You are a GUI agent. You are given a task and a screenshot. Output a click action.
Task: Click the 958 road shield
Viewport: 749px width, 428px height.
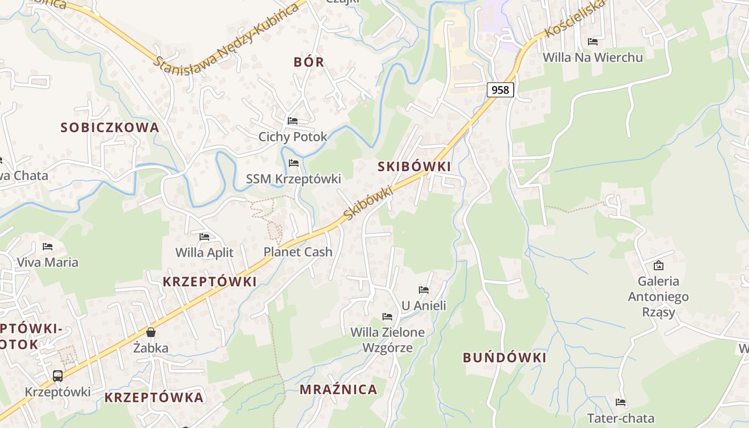coord(500,89)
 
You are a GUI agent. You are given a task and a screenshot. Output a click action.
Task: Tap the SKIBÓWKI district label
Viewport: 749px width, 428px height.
coord(414,166)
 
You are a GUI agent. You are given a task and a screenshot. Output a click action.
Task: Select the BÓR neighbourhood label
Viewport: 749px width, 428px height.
coord(309,62)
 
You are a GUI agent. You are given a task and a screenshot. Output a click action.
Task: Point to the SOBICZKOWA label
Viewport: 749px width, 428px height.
coord(110,127)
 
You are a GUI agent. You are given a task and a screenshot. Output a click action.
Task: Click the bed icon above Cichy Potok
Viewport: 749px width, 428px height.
coord(293,120)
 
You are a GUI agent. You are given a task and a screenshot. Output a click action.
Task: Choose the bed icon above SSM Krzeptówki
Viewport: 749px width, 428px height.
coord(293,163)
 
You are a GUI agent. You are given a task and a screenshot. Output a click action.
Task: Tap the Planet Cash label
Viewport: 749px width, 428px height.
coord(298,251)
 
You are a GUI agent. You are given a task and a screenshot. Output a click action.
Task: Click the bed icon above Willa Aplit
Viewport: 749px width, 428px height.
coord(204,236)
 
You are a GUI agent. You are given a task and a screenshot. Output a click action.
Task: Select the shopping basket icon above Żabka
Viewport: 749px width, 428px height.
coord(151,332)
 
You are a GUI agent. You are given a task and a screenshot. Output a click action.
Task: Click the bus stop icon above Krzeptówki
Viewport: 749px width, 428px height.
coord(58,376)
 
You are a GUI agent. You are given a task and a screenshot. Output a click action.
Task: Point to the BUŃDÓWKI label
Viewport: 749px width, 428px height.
coord(505,357)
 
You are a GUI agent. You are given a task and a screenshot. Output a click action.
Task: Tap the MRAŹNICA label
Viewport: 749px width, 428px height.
coord(338,389)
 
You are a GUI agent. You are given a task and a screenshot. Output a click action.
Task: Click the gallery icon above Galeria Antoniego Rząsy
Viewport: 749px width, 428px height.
coord(659,265)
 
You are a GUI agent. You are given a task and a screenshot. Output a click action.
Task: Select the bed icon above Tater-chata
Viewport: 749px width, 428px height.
coord(621,402)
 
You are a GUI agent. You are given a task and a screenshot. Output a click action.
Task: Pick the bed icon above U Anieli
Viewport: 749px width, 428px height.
coord(424,290)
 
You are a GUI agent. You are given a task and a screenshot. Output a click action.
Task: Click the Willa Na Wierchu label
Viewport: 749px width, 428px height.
coord(593,57)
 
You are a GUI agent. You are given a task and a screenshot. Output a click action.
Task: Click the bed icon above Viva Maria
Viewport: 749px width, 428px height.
coord(48,247)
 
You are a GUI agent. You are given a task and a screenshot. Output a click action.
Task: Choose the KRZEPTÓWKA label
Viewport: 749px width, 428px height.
coord(154,398)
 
